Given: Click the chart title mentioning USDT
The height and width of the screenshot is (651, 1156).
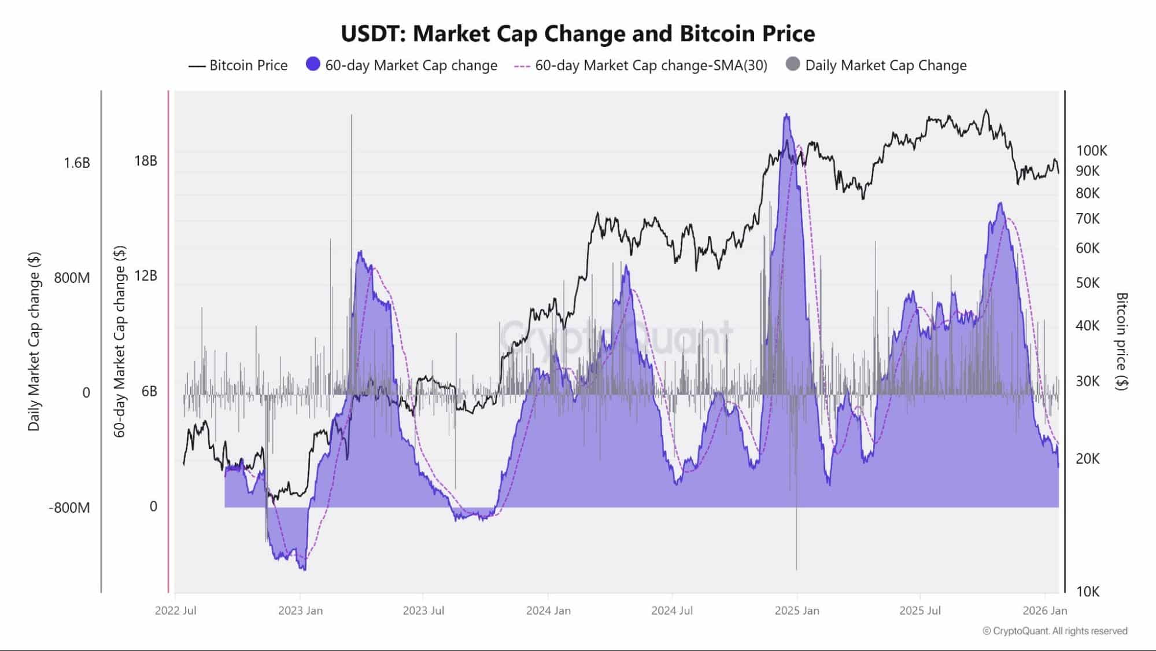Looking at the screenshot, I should coord(578,34).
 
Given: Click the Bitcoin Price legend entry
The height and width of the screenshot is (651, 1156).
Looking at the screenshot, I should coord(238,65).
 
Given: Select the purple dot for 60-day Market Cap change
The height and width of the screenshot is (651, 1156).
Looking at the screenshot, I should coord(313,64).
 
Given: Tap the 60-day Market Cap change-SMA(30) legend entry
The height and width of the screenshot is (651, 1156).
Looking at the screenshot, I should coord(641,65).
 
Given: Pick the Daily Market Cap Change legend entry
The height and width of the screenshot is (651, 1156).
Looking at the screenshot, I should coord(877,65).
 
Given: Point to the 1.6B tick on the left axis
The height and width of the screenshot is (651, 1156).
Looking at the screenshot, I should coord(77,163).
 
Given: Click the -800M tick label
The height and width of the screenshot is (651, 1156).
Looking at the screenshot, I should coord(69,508).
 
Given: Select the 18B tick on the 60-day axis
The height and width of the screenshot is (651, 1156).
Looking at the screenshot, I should coord(146,161).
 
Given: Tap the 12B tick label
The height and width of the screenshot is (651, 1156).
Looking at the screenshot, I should coord(146,275).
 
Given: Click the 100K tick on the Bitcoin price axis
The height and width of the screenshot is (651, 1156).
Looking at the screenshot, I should coord(1091,151).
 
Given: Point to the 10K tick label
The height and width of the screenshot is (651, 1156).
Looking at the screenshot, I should coord(1088,591).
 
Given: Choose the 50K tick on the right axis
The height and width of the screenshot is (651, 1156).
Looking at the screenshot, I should coord(1088,283).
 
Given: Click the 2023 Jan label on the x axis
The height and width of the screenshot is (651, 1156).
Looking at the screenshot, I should coord(300,610).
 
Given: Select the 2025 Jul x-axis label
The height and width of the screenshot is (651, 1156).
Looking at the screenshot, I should coord(919,610).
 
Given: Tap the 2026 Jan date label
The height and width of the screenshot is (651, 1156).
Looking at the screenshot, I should coord(1044,610).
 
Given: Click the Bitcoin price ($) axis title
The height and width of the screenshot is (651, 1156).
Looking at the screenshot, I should coord(1121,341).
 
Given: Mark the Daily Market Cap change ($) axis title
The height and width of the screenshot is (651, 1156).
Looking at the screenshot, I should coord(34,341).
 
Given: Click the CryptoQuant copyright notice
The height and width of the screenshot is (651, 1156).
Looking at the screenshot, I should coord(1055,631).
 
